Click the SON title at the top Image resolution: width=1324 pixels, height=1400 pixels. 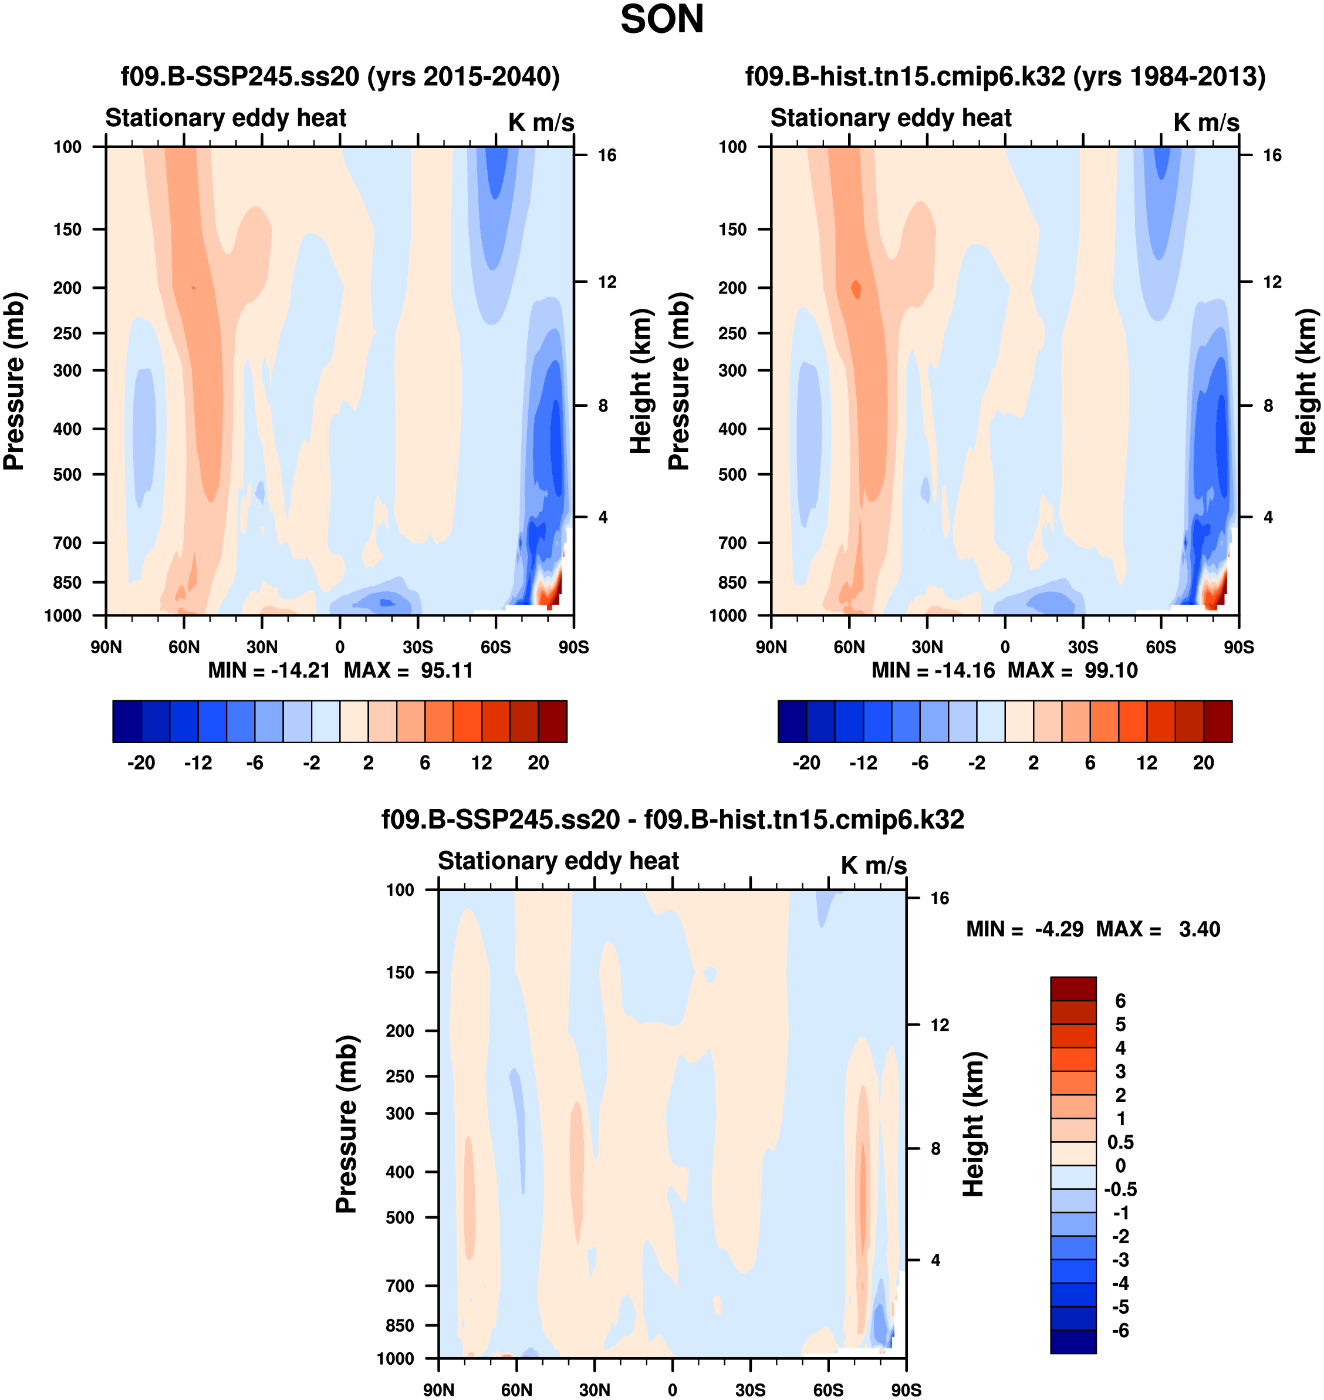661,20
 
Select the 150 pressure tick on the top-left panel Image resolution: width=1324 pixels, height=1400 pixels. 67,230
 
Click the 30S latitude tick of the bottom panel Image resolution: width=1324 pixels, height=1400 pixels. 750,1389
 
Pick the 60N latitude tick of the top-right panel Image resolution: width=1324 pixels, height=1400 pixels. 849,647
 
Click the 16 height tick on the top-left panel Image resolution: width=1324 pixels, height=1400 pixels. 607,156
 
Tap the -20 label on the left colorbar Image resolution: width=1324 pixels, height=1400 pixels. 141,763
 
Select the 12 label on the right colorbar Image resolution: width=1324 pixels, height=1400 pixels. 1147,763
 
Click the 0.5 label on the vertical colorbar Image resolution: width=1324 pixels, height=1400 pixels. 1121,1142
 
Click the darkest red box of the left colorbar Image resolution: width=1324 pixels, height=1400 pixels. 553,721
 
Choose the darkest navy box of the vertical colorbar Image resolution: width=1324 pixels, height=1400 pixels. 1073,1341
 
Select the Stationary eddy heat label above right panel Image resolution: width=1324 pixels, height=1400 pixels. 891,118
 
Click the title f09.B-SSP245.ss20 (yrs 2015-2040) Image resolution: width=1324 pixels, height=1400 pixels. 340,76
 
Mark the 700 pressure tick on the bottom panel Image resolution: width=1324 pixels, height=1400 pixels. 400,1286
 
